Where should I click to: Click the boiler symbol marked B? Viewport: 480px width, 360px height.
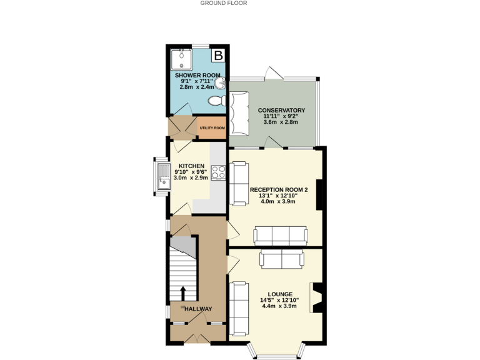pyautogui.click(x=218, y=56)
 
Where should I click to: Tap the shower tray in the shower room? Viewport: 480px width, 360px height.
pyautogui.click(x=181, y=59)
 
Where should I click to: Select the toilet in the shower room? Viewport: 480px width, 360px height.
pyautogui.click(x=216, y=101)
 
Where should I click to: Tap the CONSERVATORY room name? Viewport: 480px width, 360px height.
pyautogui.click(x=281, y=111)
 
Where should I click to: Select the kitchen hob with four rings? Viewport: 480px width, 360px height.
pyautogui.click(x=218, y=172)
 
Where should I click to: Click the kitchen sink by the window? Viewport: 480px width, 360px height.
pyautogui.click(x=161, y=174)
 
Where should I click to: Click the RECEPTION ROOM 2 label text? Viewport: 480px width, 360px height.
pyautogui.click(x=279, y=189)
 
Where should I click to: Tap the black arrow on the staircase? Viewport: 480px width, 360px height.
pyautogui.click(x=182, y=293)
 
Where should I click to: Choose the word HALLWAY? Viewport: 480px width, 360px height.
pyautogui.click(x=197, y=309)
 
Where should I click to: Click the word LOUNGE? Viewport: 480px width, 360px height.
pyautogui.click(x=279, y=294)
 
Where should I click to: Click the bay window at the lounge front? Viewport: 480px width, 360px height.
pyautogui.click(x=278, y=352)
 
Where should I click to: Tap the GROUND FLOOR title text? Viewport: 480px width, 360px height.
pyautogui.click(x=224, y=3)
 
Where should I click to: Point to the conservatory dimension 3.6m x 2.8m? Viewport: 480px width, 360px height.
pyautogui.click(x=281, y=122)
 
